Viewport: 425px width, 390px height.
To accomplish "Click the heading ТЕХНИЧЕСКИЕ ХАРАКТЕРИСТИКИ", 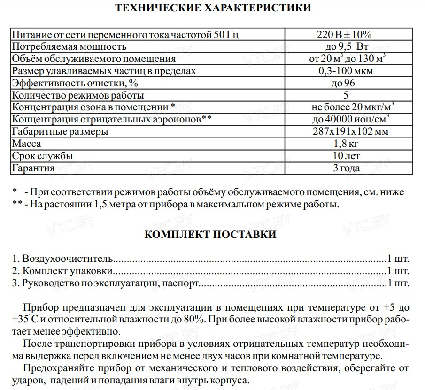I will [213, 8].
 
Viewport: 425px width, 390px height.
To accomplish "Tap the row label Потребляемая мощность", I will [69, 47].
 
